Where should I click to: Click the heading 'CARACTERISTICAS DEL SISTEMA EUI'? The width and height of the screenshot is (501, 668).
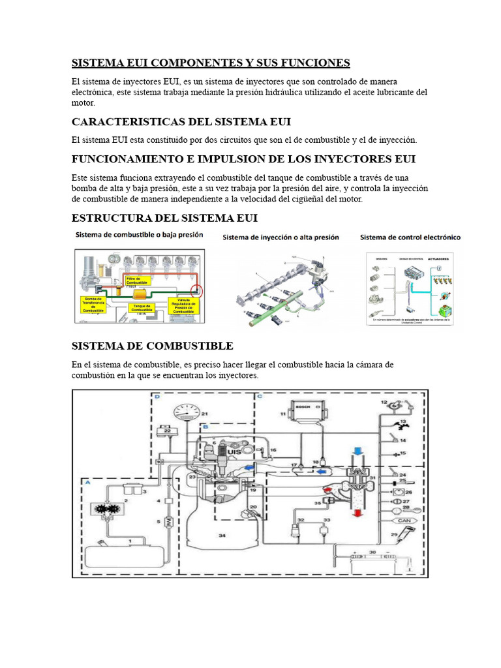point(181,122)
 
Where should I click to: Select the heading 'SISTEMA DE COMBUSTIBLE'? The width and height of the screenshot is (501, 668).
point(152,345)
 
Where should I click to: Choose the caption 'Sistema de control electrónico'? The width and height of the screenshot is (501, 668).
point(410,237)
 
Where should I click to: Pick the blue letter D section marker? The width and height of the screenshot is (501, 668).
point(157,395)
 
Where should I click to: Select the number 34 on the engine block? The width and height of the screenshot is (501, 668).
point(222,536)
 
